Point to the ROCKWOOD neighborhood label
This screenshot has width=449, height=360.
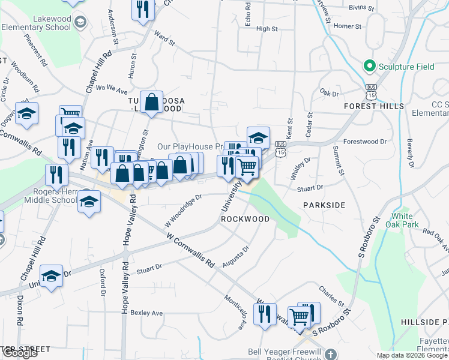point(245,219)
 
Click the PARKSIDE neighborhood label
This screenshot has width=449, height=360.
point(324,205)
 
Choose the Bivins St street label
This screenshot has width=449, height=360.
point(362,10)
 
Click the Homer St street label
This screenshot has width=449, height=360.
point(348,26)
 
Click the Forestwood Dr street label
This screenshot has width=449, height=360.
point(364,142)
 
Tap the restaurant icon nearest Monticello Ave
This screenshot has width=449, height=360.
point(264,314)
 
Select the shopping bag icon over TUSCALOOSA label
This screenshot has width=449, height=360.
point(152,102)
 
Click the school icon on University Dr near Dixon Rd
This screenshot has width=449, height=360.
point(52,276)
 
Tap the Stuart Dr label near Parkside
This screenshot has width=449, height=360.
point(310,188)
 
